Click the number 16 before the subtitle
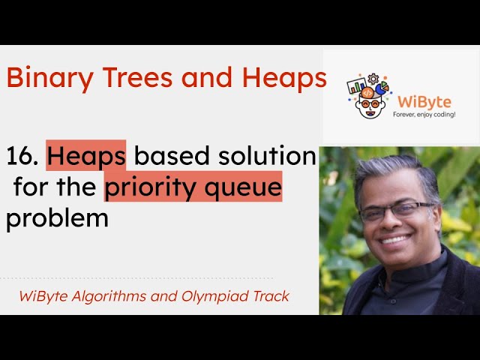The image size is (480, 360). click(x=19, y=156)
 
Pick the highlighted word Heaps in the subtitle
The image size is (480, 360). click(x=86, y=156)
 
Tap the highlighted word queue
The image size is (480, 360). click(x=244, y=187)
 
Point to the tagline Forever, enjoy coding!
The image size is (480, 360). click(x=424, y=114)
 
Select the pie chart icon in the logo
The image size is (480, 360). click(x=382, y=89)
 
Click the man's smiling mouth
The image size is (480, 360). click(x=397, y=240)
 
